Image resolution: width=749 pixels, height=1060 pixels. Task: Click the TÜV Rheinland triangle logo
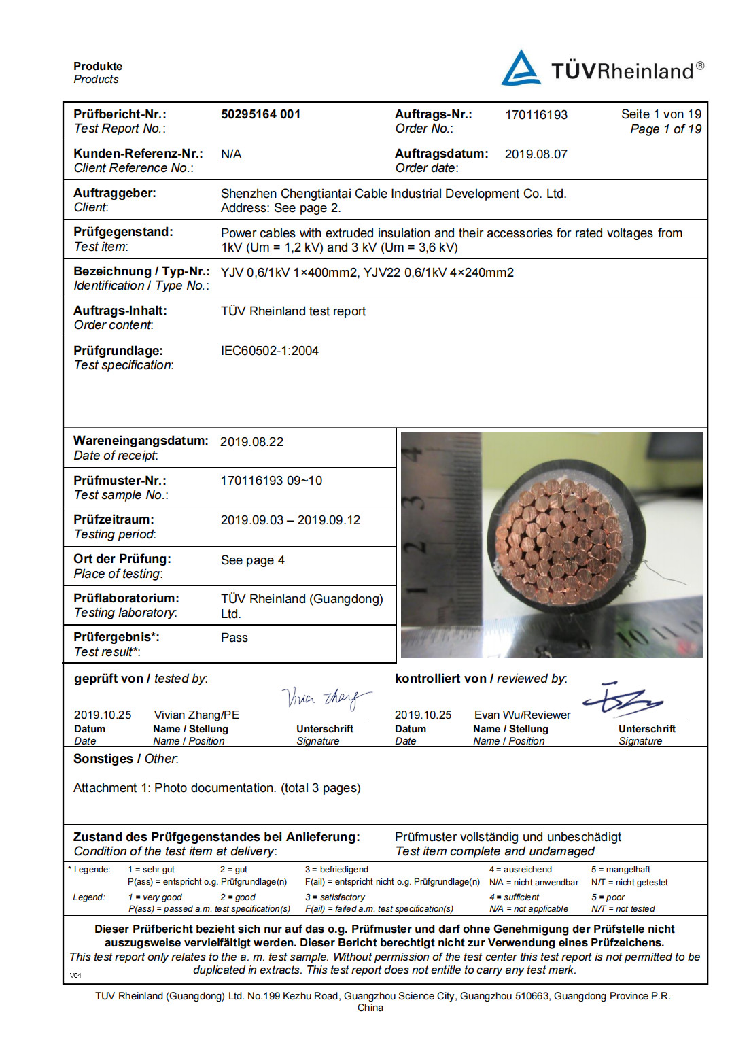coord(521,69)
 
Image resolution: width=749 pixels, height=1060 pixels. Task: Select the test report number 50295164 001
coord(260,114)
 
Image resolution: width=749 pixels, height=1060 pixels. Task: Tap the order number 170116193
coord(536,115)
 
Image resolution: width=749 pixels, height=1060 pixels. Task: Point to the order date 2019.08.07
coord(536,154)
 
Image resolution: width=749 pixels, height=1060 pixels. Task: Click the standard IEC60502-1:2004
coord(269,351)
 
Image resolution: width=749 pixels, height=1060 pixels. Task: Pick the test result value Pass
coord(234,638)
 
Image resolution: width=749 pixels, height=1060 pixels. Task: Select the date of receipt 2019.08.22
coord(251,442)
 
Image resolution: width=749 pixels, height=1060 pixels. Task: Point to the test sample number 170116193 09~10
coord(271,481)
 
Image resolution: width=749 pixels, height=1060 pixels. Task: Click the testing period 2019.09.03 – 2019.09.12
coord(290,520)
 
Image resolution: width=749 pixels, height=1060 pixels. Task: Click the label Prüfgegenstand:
coord(123,232)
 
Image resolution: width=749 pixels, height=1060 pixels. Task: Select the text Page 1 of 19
coord(665,129)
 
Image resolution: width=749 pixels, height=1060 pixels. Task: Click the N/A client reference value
coord(231,154)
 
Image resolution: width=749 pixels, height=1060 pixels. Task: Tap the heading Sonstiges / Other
coord(126,759)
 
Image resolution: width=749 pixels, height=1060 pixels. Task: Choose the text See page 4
coord(252,560)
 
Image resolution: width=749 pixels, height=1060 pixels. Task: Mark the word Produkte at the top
coord(98,66)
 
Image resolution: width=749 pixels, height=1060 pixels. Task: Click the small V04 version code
coord(75,975)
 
